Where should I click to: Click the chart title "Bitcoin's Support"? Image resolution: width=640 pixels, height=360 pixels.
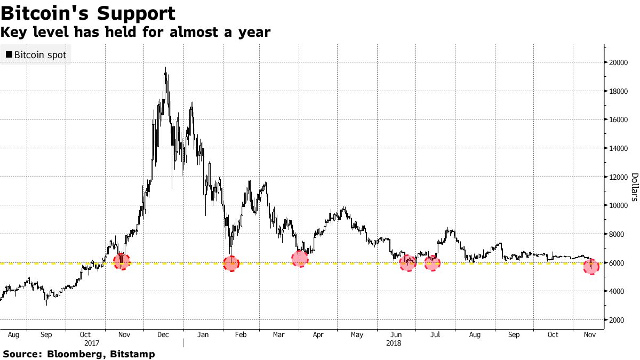88,13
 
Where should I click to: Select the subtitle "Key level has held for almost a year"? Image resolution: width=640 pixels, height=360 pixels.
135,33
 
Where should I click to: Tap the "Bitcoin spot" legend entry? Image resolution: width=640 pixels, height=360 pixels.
36,55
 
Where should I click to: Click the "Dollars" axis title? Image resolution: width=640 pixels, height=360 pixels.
635,187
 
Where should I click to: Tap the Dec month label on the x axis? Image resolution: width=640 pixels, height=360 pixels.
163,335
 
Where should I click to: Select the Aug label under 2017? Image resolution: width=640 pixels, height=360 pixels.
14,335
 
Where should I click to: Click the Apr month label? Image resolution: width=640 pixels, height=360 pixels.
318,335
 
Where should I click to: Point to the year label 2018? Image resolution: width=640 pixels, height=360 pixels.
394,343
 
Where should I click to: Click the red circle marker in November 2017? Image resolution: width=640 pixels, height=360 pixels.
122,261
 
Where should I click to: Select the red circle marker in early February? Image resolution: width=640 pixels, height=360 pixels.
231,263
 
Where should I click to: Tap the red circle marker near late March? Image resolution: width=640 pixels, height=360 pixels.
300,259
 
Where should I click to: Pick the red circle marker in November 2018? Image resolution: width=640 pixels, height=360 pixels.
591,267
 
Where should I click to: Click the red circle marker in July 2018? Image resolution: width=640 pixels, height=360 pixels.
432,263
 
